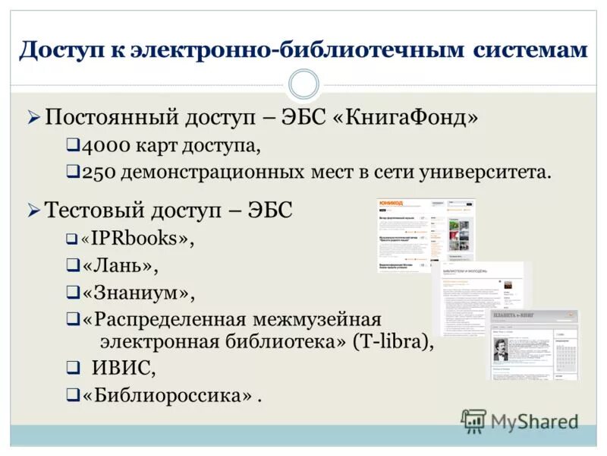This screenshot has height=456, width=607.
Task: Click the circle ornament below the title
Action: point(303,84)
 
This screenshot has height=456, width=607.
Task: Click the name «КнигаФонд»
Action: point(406,119)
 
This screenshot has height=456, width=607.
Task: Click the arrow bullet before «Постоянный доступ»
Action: point(33,119)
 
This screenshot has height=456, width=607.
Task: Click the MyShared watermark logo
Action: point(520,420)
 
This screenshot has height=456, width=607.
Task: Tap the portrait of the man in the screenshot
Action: point(502,350)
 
